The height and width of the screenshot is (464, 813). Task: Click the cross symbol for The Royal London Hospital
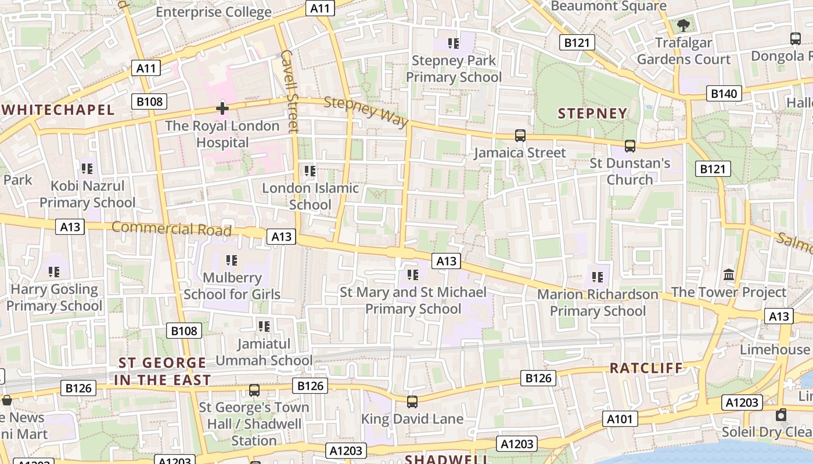tap(222, 108)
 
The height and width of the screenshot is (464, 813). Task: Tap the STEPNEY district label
tap(592, 114)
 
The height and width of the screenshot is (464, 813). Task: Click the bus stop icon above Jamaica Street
tap(520, 136)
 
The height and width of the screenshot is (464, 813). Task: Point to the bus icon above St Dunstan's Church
tap(630, 146)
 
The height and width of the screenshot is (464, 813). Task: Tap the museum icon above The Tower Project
tap(729, 274)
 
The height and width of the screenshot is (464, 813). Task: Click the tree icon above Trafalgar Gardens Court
tap(684, 25)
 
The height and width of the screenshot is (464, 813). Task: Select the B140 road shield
tap(724, 93)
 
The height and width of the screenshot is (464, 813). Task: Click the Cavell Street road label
tap(289, 90)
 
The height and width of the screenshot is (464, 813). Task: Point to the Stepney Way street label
tap(366, 111)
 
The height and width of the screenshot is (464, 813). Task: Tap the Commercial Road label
tap(171, 229)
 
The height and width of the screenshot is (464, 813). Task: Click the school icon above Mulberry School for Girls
tap(232, 260)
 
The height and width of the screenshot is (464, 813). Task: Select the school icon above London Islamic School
tap(310, 171)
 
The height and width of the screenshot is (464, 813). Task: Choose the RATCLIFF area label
tap(646, 368)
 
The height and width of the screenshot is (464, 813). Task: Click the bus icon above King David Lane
tap(412, 401)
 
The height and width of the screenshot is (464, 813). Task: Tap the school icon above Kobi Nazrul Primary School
tap(87, 169)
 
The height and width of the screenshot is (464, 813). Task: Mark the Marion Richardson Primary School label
tap(598, 303)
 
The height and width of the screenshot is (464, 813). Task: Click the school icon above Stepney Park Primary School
tap(454, 43)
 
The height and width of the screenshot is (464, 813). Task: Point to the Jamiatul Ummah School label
tap(264, 352)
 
